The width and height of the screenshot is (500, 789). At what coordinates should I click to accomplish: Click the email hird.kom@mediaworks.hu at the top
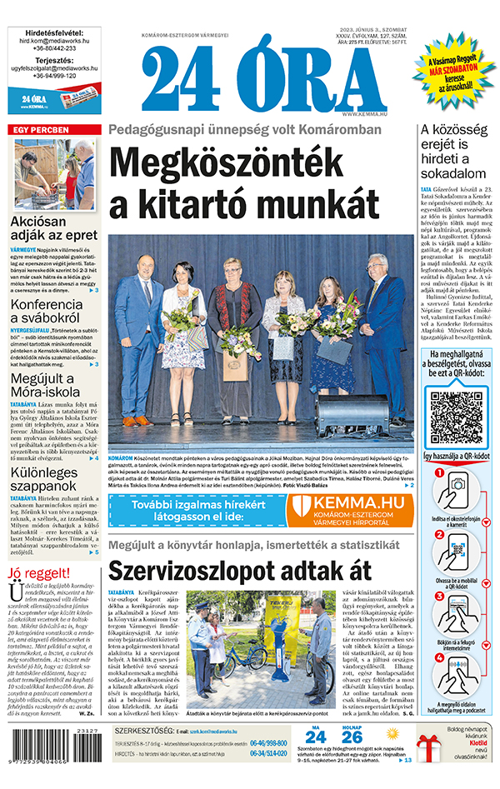pos(53,39)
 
